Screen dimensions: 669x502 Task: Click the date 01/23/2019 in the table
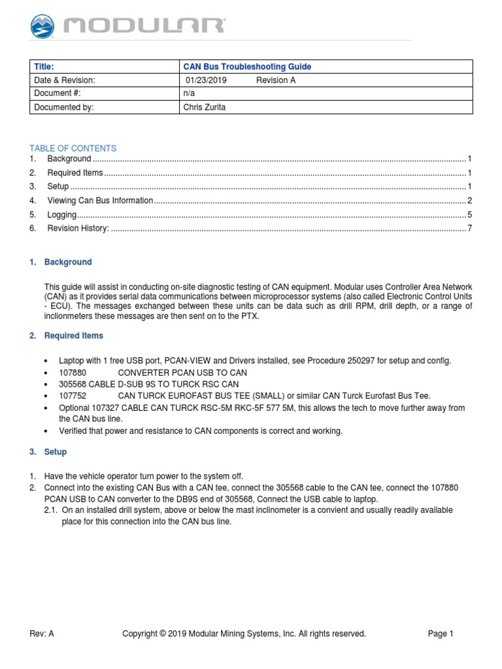point(205,80)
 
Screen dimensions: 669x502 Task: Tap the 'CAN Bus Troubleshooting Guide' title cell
point(246,67)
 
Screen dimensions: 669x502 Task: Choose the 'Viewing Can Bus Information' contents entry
point(100,201)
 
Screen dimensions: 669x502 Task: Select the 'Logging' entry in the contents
point(62,214)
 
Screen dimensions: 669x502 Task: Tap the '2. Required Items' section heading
point(66,336)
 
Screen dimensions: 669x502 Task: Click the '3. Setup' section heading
point(48,452)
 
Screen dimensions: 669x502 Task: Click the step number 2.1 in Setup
point(52,510)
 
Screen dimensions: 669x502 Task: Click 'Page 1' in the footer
point(441,634)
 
